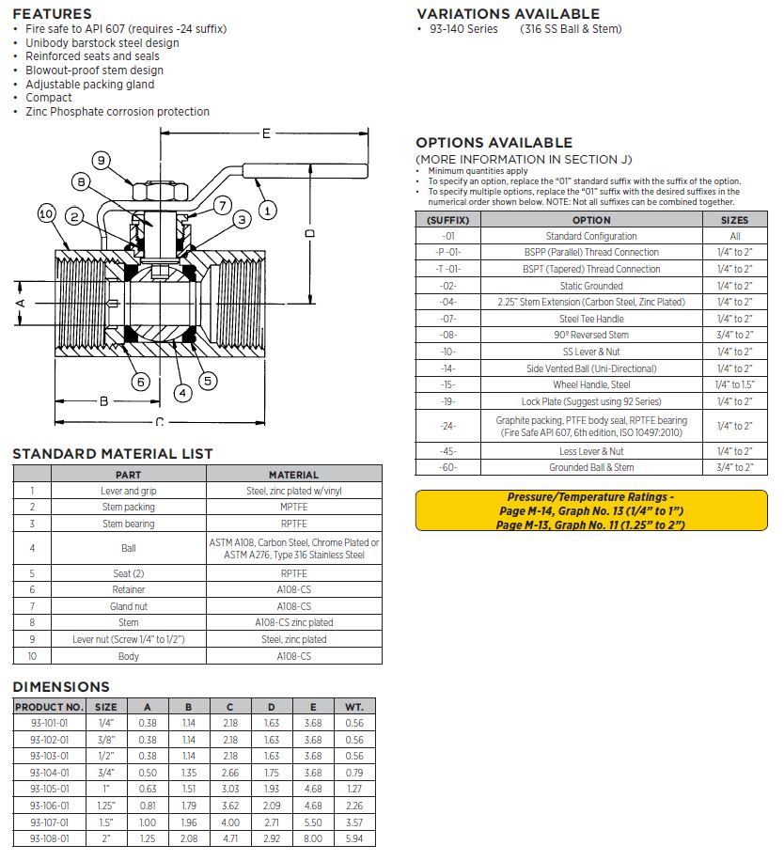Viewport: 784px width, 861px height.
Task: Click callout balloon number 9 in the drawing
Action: [x=101, y=160]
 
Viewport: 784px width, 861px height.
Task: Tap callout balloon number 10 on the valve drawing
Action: [x=47, y=214]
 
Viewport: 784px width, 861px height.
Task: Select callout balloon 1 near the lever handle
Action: [x=268, y=211]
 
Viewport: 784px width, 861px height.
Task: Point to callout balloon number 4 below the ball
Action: [x=182, y=393]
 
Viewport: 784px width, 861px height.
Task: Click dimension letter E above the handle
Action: [x=266, y=133]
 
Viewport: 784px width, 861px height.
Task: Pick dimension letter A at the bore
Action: [x=21, y=303]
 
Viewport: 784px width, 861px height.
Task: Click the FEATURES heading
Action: [x=53, y=14]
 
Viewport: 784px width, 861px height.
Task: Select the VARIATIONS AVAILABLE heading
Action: [x=508, y=14]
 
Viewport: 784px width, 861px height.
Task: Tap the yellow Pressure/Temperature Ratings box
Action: [x=590, y=510]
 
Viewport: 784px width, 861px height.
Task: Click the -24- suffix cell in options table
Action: [x=447, y=426]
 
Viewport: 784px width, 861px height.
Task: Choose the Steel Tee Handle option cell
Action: [x=590, y=319]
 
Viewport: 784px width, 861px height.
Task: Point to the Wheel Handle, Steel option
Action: [x=590, y=384]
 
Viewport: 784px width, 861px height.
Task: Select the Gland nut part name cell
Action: [x=128, y=606]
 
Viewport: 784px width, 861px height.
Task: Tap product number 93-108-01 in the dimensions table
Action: [x=50, y=838]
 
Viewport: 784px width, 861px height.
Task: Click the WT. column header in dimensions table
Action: [x=354, y=707]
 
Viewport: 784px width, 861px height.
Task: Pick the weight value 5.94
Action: [x=354, y=838]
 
